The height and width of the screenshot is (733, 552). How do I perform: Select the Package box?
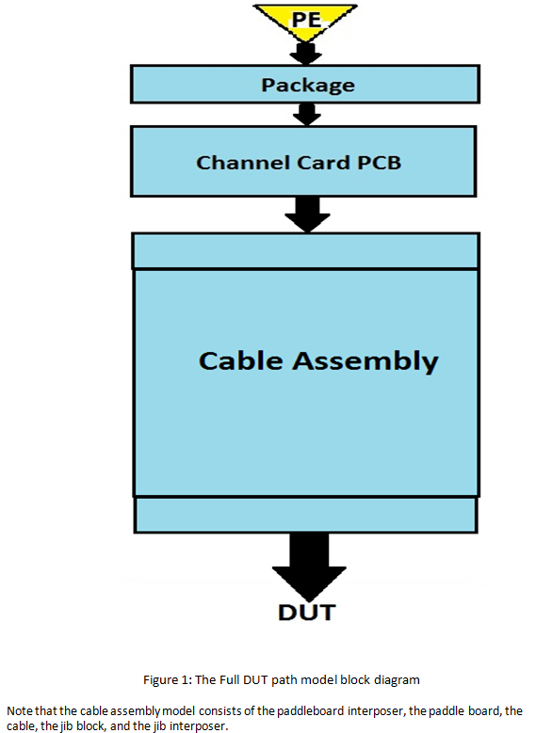tap(307, 85)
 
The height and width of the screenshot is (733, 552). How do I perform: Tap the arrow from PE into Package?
tap(306, 53)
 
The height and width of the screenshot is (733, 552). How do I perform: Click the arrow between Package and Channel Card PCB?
tap(306, 115)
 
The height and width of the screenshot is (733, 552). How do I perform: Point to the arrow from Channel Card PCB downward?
tap(306, 214)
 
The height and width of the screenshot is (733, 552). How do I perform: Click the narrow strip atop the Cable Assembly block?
tap(306, 251)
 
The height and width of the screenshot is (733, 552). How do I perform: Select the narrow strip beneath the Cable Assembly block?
tap(306, 514)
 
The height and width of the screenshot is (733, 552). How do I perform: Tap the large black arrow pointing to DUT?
tap(306, 563)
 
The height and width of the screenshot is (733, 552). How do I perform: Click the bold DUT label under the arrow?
tap(306, 613)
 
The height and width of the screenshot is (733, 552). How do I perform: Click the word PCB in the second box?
tap(380, 163)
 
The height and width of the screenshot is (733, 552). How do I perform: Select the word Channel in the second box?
tap(233, 163)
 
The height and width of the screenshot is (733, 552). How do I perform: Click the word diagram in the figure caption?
tap(397, 678)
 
